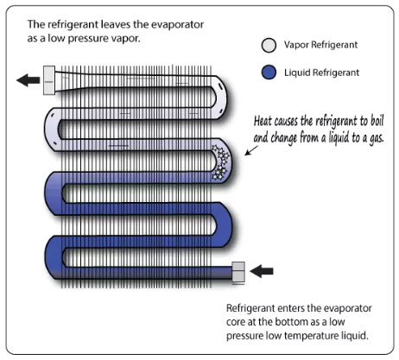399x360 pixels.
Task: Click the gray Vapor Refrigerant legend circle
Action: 269,45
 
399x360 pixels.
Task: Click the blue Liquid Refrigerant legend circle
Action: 269,73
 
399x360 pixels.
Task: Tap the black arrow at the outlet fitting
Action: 28,79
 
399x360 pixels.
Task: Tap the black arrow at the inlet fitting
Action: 262,271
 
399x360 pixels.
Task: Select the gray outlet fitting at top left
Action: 49,80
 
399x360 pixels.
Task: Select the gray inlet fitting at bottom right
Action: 238,272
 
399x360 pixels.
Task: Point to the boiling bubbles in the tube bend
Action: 220,162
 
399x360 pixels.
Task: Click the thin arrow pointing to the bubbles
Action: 251,150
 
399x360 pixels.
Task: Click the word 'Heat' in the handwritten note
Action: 263,121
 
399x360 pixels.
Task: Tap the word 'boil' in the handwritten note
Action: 377,120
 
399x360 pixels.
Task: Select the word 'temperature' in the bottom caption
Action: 312,336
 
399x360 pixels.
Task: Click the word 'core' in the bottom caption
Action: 235,322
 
